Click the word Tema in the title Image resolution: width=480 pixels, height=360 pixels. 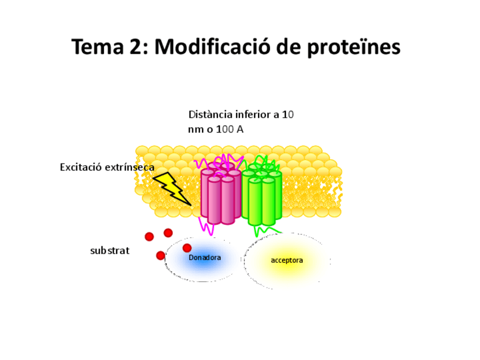point(95,47)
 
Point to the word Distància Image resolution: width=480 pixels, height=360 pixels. point(209,114)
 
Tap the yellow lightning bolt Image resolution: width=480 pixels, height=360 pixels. point(172,187)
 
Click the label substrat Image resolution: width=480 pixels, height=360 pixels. point(110,250)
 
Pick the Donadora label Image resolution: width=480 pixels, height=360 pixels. point(204,258)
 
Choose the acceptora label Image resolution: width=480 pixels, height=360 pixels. point(287,260)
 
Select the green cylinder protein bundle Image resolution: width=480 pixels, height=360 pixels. point(262,195)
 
